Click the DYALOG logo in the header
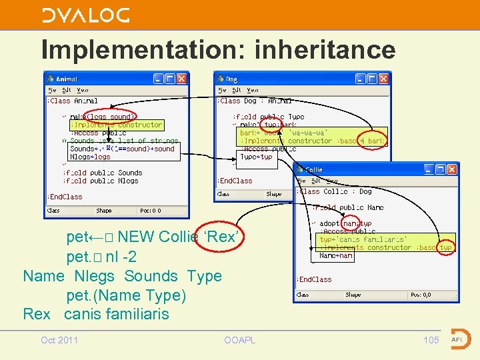(85, 15)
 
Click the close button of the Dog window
(384, 79)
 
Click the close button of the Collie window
(452, 170)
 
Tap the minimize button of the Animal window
(159, 79)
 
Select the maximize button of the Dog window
(372, 79)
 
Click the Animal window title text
(67, 79)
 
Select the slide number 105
(431, 340)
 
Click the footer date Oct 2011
(59, 340)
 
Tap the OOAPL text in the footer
(240, 340)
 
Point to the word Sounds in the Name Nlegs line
(151, 276)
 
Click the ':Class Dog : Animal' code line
(254, 101)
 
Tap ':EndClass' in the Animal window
(65, 197)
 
